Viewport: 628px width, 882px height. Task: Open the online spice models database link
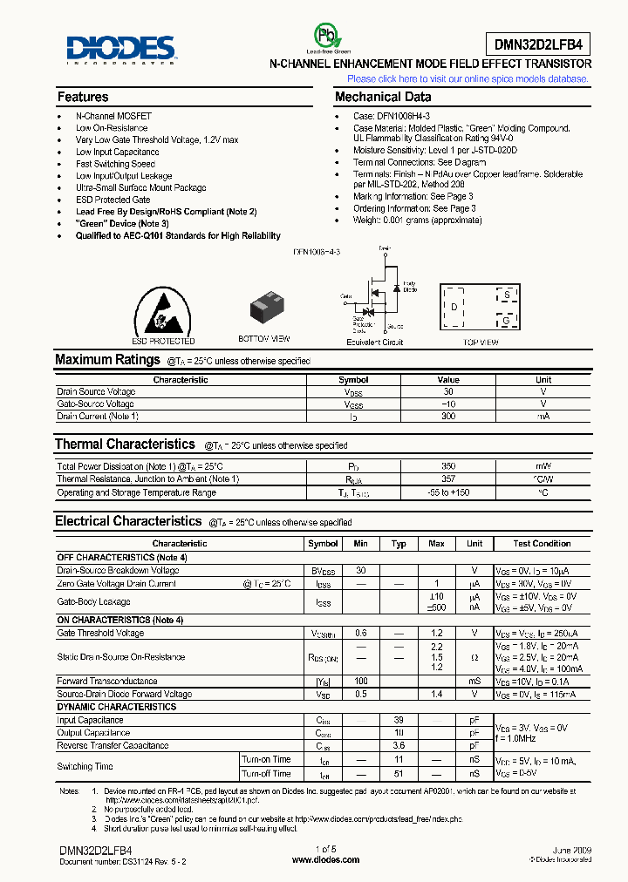coord(468,78)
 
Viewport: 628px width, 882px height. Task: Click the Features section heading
coord(83,97)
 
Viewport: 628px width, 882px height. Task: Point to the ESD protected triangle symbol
coord(162,309)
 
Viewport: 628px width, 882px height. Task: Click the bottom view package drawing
coord(264,309)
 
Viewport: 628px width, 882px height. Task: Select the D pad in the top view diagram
coord(454,307)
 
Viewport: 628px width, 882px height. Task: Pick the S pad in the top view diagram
coord(506,295)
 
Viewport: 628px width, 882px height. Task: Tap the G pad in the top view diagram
coord(506,320)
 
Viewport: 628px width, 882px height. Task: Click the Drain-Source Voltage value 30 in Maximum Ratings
coord(448,392)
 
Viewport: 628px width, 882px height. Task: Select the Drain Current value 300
coord(448,417)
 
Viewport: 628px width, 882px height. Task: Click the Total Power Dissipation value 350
coord(448,467)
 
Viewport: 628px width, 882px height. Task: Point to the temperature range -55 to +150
coord(448,492)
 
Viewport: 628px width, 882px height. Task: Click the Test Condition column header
coord(542,543)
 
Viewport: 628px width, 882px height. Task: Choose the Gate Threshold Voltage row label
coord(101,633)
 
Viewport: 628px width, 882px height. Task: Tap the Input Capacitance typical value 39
coord(399,721)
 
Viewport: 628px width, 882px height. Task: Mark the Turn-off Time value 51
coord(399,773)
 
